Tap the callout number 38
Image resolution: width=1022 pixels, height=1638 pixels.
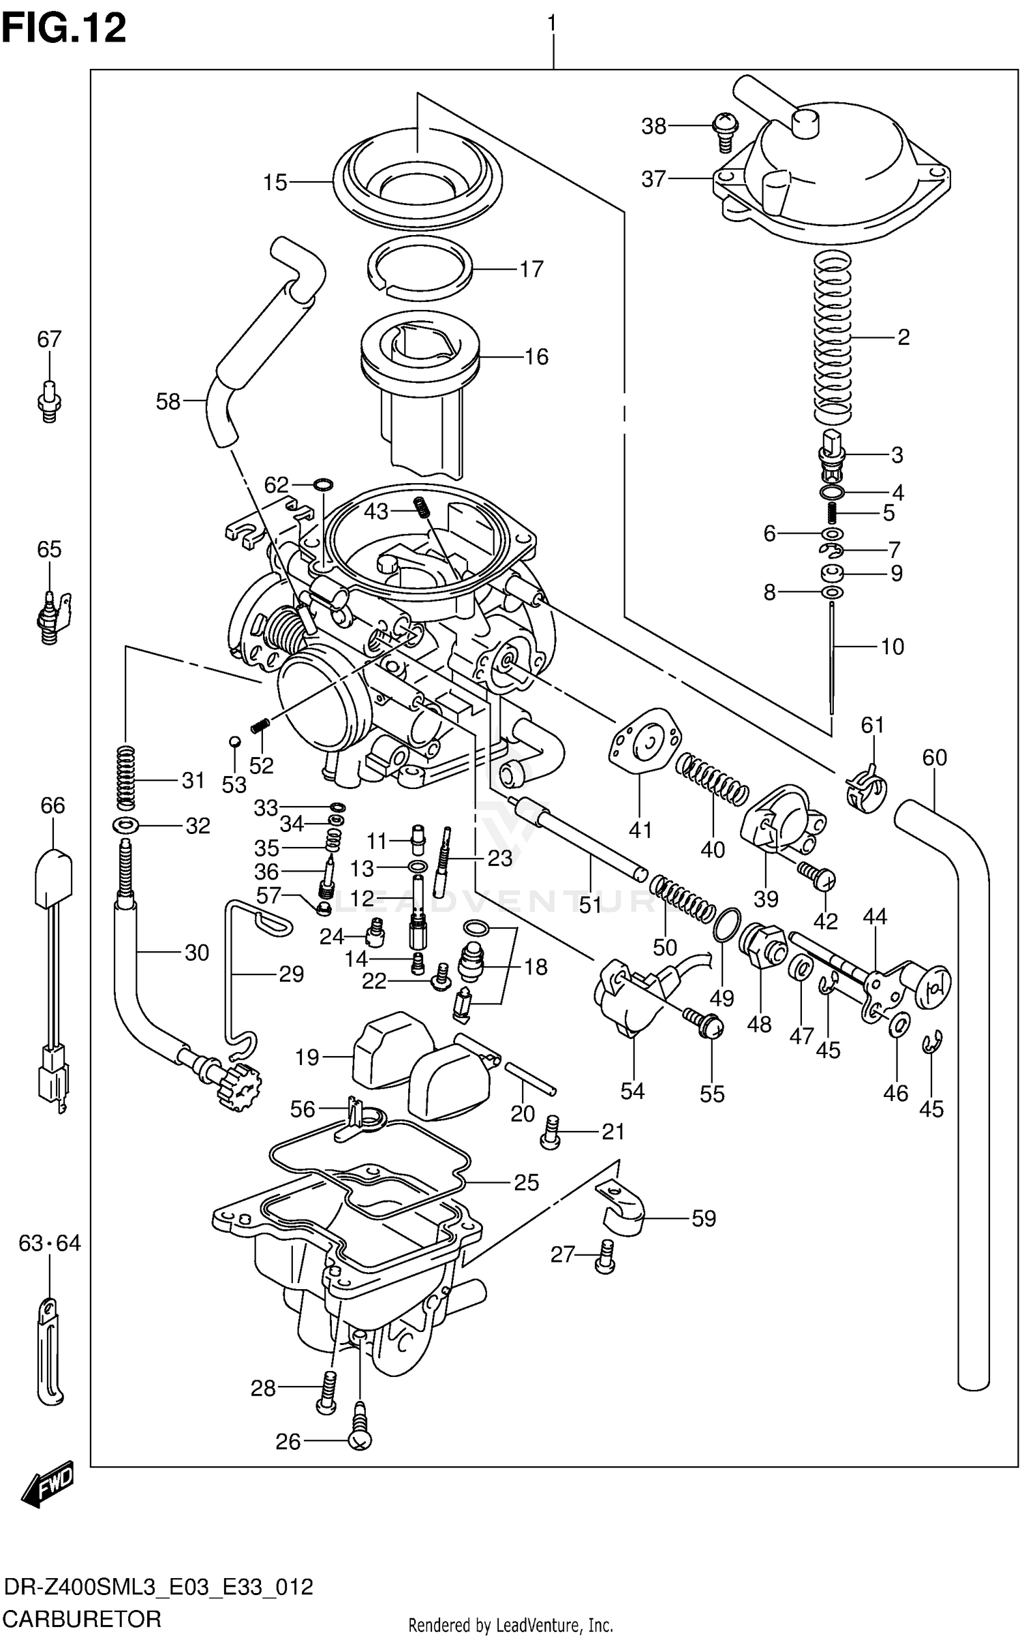[653, 127]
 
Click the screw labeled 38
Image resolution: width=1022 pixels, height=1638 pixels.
[724, 132]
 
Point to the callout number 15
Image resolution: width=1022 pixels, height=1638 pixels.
[275, 183]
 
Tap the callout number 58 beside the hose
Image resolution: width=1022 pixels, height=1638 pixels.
[168, 402]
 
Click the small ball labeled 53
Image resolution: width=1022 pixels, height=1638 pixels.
[234, 741]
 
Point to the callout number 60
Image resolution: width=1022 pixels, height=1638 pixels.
[934, 757]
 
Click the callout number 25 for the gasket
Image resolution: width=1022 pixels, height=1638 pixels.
[526, 1182]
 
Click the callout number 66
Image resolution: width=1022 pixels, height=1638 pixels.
[52, 805]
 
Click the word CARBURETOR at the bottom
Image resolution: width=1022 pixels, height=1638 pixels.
[82, 1618]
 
